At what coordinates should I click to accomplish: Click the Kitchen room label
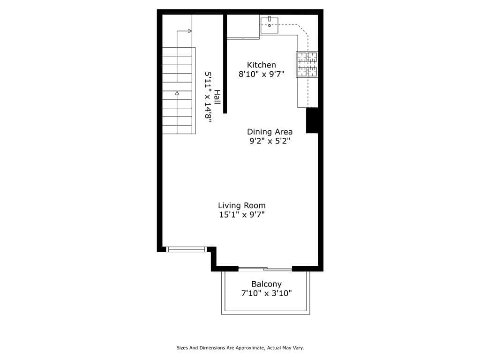261,65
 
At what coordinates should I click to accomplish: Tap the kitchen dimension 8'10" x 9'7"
261,74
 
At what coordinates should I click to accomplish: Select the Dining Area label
270,132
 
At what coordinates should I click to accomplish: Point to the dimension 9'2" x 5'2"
270,141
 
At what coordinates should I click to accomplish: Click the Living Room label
241,205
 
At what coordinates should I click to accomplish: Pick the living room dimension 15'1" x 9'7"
241,215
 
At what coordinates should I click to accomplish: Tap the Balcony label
266,284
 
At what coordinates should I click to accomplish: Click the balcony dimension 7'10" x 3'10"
266,294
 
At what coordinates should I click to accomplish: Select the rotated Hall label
217,97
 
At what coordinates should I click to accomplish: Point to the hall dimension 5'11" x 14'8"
208,97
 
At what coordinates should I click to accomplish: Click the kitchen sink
269,25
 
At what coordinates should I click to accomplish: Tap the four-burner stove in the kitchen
307,64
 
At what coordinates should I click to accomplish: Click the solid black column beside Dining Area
312,120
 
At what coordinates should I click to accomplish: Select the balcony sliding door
265,269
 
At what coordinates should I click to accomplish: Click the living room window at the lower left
187,249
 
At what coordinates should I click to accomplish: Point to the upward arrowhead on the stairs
177,93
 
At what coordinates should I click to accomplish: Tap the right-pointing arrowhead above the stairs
190,31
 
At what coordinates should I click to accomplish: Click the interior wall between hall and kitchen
225,64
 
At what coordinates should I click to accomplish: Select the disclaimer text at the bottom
240,348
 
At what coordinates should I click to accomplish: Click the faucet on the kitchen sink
270,19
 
